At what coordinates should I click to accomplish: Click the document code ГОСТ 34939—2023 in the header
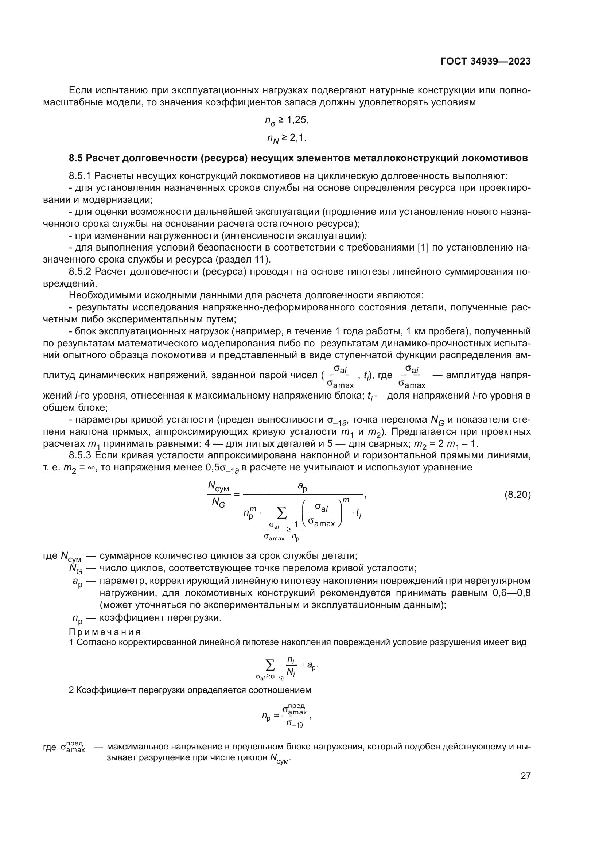point(485,62)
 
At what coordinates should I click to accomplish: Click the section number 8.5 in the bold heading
point(76,158)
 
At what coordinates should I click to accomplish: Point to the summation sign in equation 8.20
point(282,514)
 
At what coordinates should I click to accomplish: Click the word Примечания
point(105,632)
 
